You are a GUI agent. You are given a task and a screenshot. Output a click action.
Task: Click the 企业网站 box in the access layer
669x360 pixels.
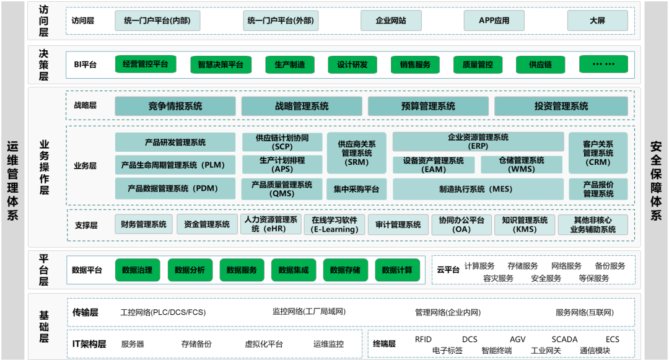[x=391, y=20]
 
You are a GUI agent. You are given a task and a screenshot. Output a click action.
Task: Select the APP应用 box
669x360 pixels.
[x=494, y=20]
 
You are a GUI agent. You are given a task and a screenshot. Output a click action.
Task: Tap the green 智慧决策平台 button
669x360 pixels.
[x=221, y=64]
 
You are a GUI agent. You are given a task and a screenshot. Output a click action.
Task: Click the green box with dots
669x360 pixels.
[x=603, y=64]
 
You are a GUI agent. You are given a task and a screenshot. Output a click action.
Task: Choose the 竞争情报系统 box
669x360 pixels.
[x=175, y=106]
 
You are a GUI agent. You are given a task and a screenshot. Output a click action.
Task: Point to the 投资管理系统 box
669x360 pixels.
[x=561, y=106]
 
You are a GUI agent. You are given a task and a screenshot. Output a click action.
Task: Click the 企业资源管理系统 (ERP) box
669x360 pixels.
[x=478, y=142]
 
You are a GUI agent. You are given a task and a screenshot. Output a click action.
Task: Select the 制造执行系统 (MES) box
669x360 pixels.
[x=478, y=189]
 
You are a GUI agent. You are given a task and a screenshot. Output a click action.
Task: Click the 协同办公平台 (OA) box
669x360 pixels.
[x=461, y=224]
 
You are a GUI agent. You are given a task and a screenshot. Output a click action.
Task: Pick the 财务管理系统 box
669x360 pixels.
[x=144, y=224]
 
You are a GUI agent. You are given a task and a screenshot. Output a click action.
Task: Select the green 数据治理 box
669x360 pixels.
[x=138, y=270]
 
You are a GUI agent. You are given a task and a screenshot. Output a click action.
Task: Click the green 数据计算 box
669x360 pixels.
[x=397, y=270]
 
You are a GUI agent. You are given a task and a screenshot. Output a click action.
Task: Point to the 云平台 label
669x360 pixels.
[x=448, y=270]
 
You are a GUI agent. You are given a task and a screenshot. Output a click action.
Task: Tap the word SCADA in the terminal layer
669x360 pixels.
[x=564, y=340]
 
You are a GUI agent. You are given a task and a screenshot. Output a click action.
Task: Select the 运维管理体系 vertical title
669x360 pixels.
[x=12, y=180]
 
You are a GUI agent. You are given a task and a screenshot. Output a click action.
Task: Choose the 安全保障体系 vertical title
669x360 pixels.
[x=656, y=180]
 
